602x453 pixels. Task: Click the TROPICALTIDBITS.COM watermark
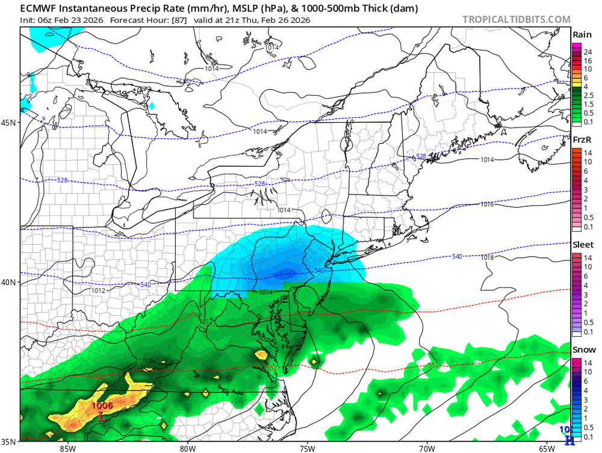(x=517, y=19)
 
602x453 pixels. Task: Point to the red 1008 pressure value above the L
(x=101, y=405)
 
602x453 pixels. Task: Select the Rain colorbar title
(x=581, y=35)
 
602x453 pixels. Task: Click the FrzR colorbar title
(x=581, y=139)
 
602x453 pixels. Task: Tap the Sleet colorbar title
(x=582, y=245)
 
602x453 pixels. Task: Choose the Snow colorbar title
(x=582, y=350)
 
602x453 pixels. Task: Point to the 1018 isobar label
(x=488, y=257)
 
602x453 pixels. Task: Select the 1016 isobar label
(x=488, y=205)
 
